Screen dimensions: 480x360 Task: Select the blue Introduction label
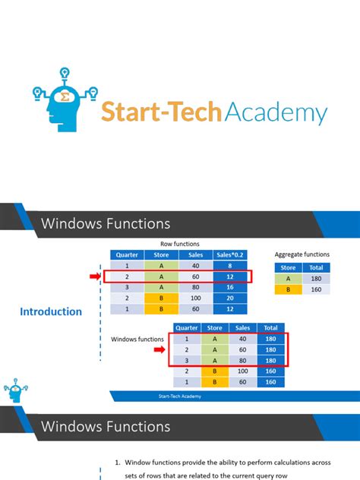[51, 311]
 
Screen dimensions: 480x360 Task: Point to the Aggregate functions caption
[302, 254]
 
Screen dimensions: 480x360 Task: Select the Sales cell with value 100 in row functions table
[196, 299]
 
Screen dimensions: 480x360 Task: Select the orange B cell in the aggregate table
[287, 289]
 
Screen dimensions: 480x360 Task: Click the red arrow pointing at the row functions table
[95, 277]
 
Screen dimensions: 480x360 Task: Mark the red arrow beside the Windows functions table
[159, 349]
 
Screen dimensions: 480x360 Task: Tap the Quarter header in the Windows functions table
[186, 327]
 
